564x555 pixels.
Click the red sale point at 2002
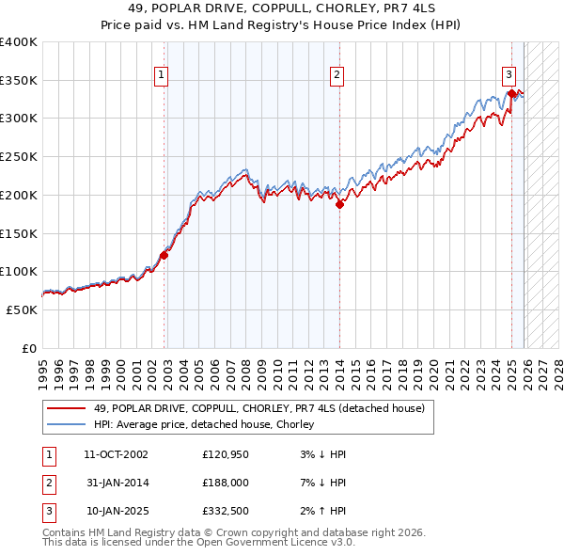[164, 254]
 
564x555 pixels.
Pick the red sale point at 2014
[339, 204]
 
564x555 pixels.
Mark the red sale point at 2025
[511, 93]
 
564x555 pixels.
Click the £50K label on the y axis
[23, 309]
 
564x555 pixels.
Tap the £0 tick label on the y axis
[29, 348]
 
